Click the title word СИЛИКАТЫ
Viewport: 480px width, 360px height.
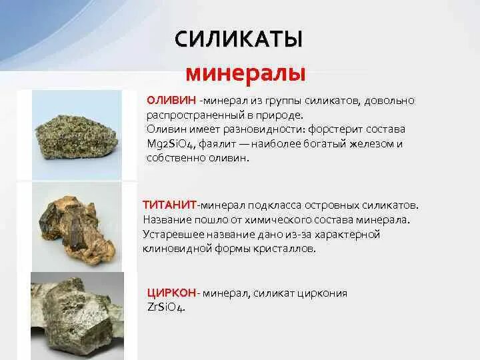(x=239, y=39)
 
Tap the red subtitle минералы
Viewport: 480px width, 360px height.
(x=245, y=72)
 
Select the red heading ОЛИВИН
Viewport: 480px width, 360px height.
(x=171, y=100)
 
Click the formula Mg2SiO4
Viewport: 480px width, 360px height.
(x=175, y=144)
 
